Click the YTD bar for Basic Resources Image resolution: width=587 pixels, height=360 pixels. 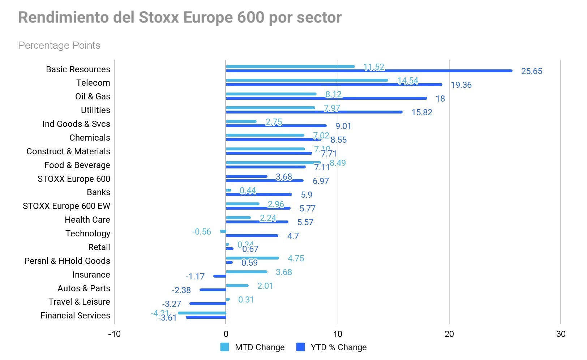coord(369,71)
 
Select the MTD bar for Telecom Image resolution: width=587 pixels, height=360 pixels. coord(307,80)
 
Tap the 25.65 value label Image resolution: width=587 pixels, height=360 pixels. coord(531,71)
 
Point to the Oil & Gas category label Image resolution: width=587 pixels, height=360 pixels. coord(93,97)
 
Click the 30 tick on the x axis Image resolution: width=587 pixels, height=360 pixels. coord(561,334)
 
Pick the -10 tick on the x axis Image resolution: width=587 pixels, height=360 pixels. coord(114,334)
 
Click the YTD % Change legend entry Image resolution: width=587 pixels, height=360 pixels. coord(331,347)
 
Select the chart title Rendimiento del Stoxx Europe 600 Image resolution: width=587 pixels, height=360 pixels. coord(180,17)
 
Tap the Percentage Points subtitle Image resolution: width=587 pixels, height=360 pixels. coord(59,46)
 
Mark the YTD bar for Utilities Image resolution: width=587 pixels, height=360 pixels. coord(314,112)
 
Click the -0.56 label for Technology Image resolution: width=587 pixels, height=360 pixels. coord(201,232)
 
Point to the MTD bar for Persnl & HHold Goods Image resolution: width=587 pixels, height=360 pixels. coord(252,258)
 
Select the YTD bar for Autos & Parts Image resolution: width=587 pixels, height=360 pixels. coord(213,290)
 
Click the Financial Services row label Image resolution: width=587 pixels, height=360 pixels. coord(75,316)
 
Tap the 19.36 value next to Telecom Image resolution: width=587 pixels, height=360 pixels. coord(461,85)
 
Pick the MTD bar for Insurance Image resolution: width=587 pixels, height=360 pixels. coord(247,272)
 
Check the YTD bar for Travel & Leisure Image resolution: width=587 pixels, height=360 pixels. coord(208,304)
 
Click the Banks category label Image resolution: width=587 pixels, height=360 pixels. coord(98,192)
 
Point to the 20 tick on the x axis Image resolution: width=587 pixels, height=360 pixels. coord(449,334)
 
